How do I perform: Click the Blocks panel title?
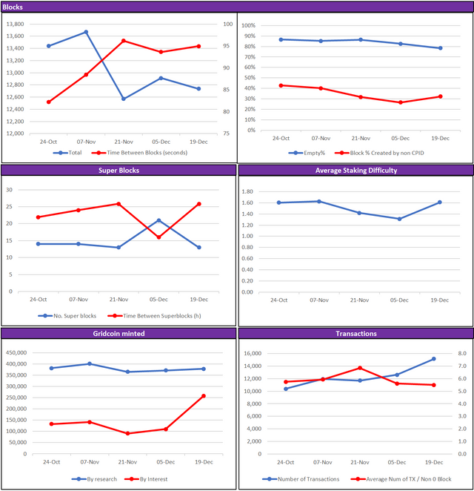pyautogui.click(x=13, y=7)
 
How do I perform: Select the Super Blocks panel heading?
pyautogui.click(x=118, y=171)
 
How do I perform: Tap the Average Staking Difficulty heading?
pyautogui.click(x=355, y=171)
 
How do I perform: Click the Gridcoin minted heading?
pyautogui.click(x=118, y=334)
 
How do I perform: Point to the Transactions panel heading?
pyautogui.click(x=355, y=334)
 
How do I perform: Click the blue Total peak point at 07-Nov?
pyautogui.click(x=86, y=32)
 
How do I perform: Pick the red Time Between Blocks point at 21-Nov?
pyautogui.click(x=124, y=41)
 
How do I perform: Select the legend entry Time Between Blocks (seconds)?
pyautogui.click(x=140, y=153)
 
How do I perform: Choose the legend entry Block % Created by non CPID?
pyautogui.click(x=378, y=153)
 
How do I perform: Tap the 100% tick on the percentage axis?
pyautogui.click(x=249, y=24)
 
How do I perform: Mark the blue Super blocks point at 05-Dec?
pyautogui.click(x=158, y=220)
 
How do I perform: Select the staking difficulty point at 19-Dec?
pyautogui.click(x=439, y=202)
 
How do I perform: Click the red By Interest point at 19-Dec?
pyautogui.click(x=203, y=396)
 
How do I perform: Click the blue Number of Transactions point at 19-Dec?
pyautogui.click(x=433, y=359)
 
